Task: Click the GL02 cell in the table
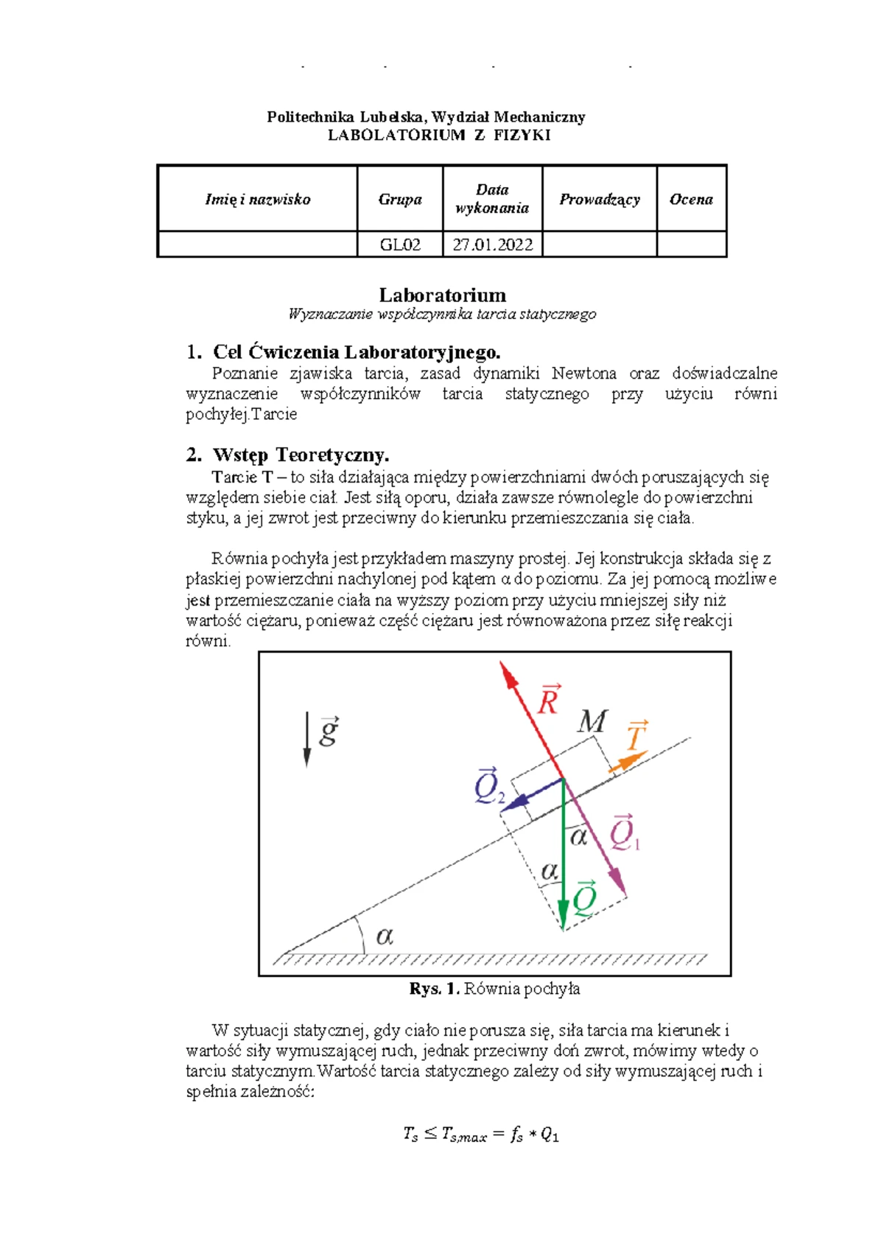pyautogui.click(x=400, y=245)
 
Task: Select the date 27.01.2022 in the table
pyautogui.click(x=492, y=245)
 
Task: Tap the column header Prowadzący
pyautogui.click(x=600, y=199)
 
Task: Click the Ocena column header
pyautogui.click(x=691, y=199)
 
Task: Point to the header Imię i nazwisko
pyautogui.click(x=258, y=199)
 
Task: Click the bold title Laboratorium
pyautogui.click(x=442, y=295)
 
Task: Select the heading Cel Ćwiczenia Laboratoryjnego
pyautogui.click(x=357, y=352)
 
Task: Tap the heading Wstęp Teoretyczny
pyautogui.click(x=301, y=455)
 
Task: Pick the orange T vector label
pyautogui.click(x=636, y=736)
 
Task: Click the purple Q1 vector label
pyautogui.click(x=625, y=833)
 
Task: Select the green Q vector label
pyautogui.click(x=585, y=897)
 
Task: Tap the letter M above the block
pyautogui.click(x=592, y=721)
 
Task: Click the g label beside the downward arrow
pyautogui.click(x=329, y=731)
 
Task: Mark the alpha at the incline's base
pyautogui.click(x=385, y=936)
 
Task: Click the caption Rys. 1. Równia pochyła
pyautogui.click(x=494, y=989)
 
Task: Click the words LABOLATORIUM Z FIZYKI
pyautogui.click(x=439, y=135)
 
